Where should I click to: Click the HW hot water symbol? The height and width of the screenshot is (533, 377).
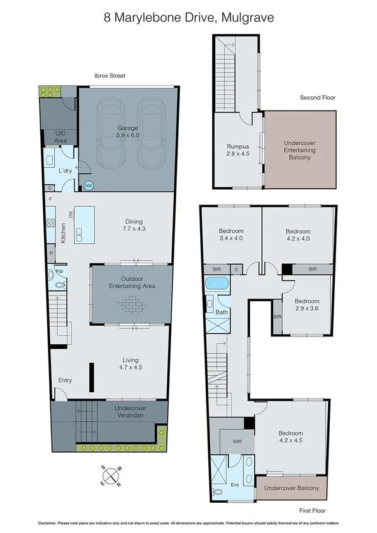pos(88,185)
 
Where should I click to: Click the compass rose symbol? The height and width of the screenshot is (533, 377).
pos(111,475)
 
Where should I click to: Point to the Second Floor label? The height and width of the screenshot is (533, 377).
pos(318,97)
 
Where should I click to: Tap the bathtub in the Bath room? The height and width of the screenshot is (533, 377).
pos(218,283)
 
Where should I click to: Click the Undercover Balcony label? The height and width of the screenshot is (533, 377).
pos(291,488)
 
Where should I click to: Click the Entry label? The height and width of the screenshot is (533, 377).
pos(65,380)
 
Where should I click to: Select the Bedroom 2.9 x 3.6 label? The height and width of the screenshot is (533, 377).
pos(307,305)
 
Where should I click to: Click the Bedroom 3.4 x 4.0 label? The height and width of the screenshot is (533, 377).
pos(230,235)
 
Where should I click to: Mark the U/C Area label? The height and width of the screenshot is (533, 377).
pos(60,137)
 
